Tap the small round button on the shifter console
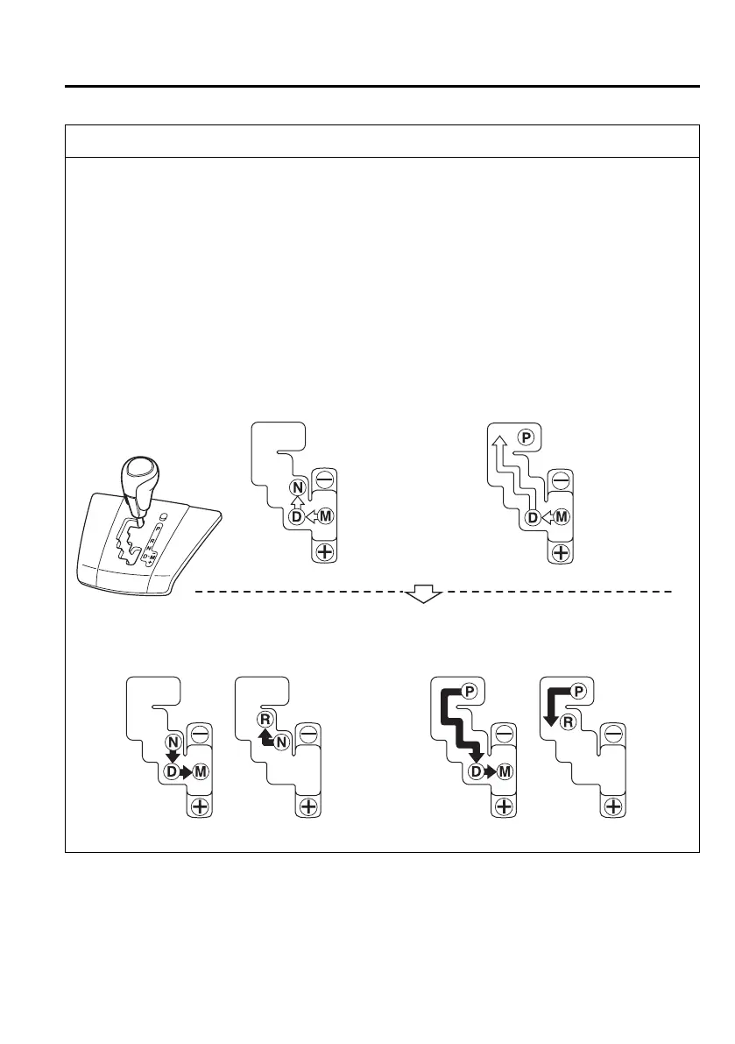[163, 516]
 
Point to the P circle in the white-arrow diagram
[525, 437]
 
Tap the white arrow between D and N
[297, 501]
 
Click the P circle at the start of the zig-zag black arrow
[469, 692]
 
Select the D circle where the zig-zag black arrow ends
[477, 772]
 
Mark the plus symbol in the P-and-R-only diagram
[613, 806]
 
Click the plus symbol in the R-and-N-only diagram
[307, 806]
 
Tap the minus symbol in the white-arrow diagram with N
[322, 481]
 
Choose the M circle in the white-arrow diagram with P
[562, 517]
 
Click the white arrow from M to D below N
[310, 517]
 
